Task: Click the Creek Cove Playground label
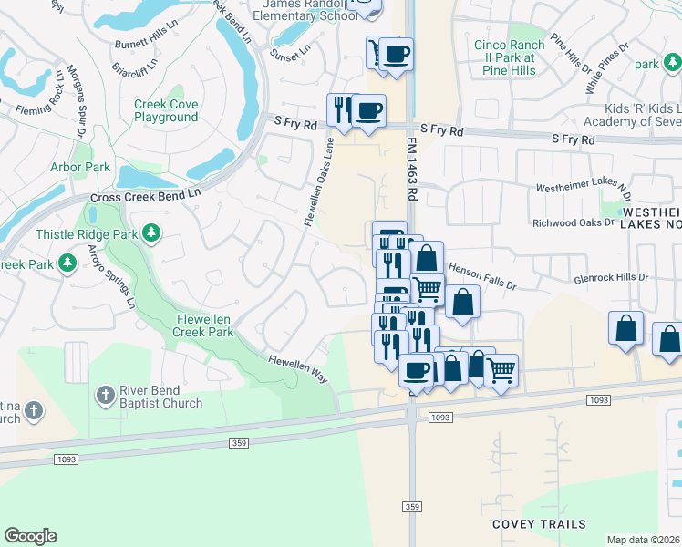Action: tap(166, 110)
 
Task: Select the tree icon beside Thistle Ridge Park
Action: tap(151, 234)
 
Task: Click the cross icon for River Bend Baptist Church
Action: tap(106, 395)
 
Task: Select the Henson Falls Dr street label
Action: tap(480, 275)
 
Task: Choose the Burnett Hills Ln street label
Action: tap(150, 44)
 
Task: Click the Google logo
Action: tap(30, 535)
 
